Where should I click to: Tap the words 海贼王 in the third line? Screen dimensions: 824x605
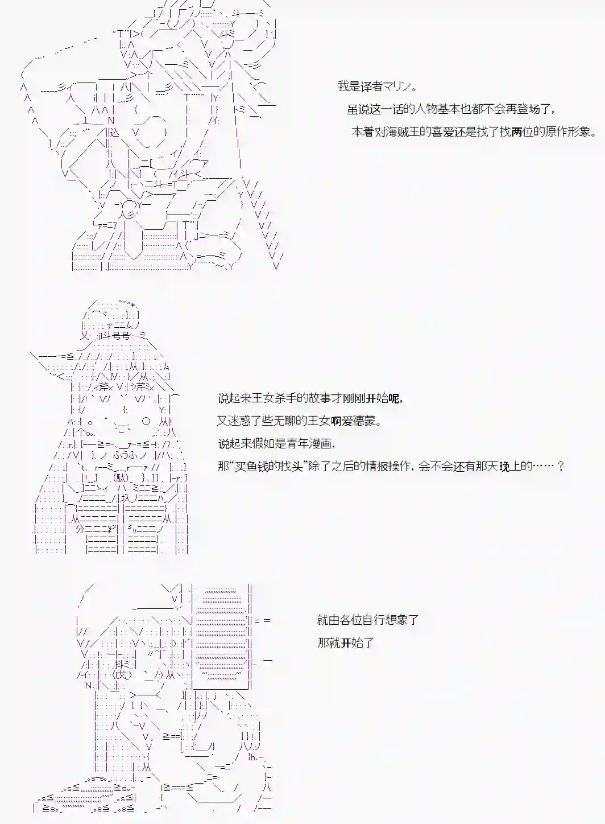pyautogui.click(x=404, y=132)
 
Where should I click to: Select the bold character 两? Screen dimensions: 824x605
pyautogui.click(x=516, y=132)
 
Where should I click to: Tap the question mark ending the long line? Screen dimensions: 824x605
pyautogui.click(x=561, y=466)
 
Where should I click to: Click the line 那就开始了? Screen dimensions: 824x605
pyautogui.click(x=346, y=643)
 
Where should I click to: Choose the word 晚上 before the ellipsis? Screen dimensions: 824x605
pyautogui.click(x=509, y=466)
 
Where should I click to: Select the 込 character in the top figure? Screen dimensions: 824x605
pyautogui.click(x=114, y=132)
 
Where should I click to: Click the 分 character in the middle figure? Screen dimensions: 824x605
pyautogui.click(x=80, y=528)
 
